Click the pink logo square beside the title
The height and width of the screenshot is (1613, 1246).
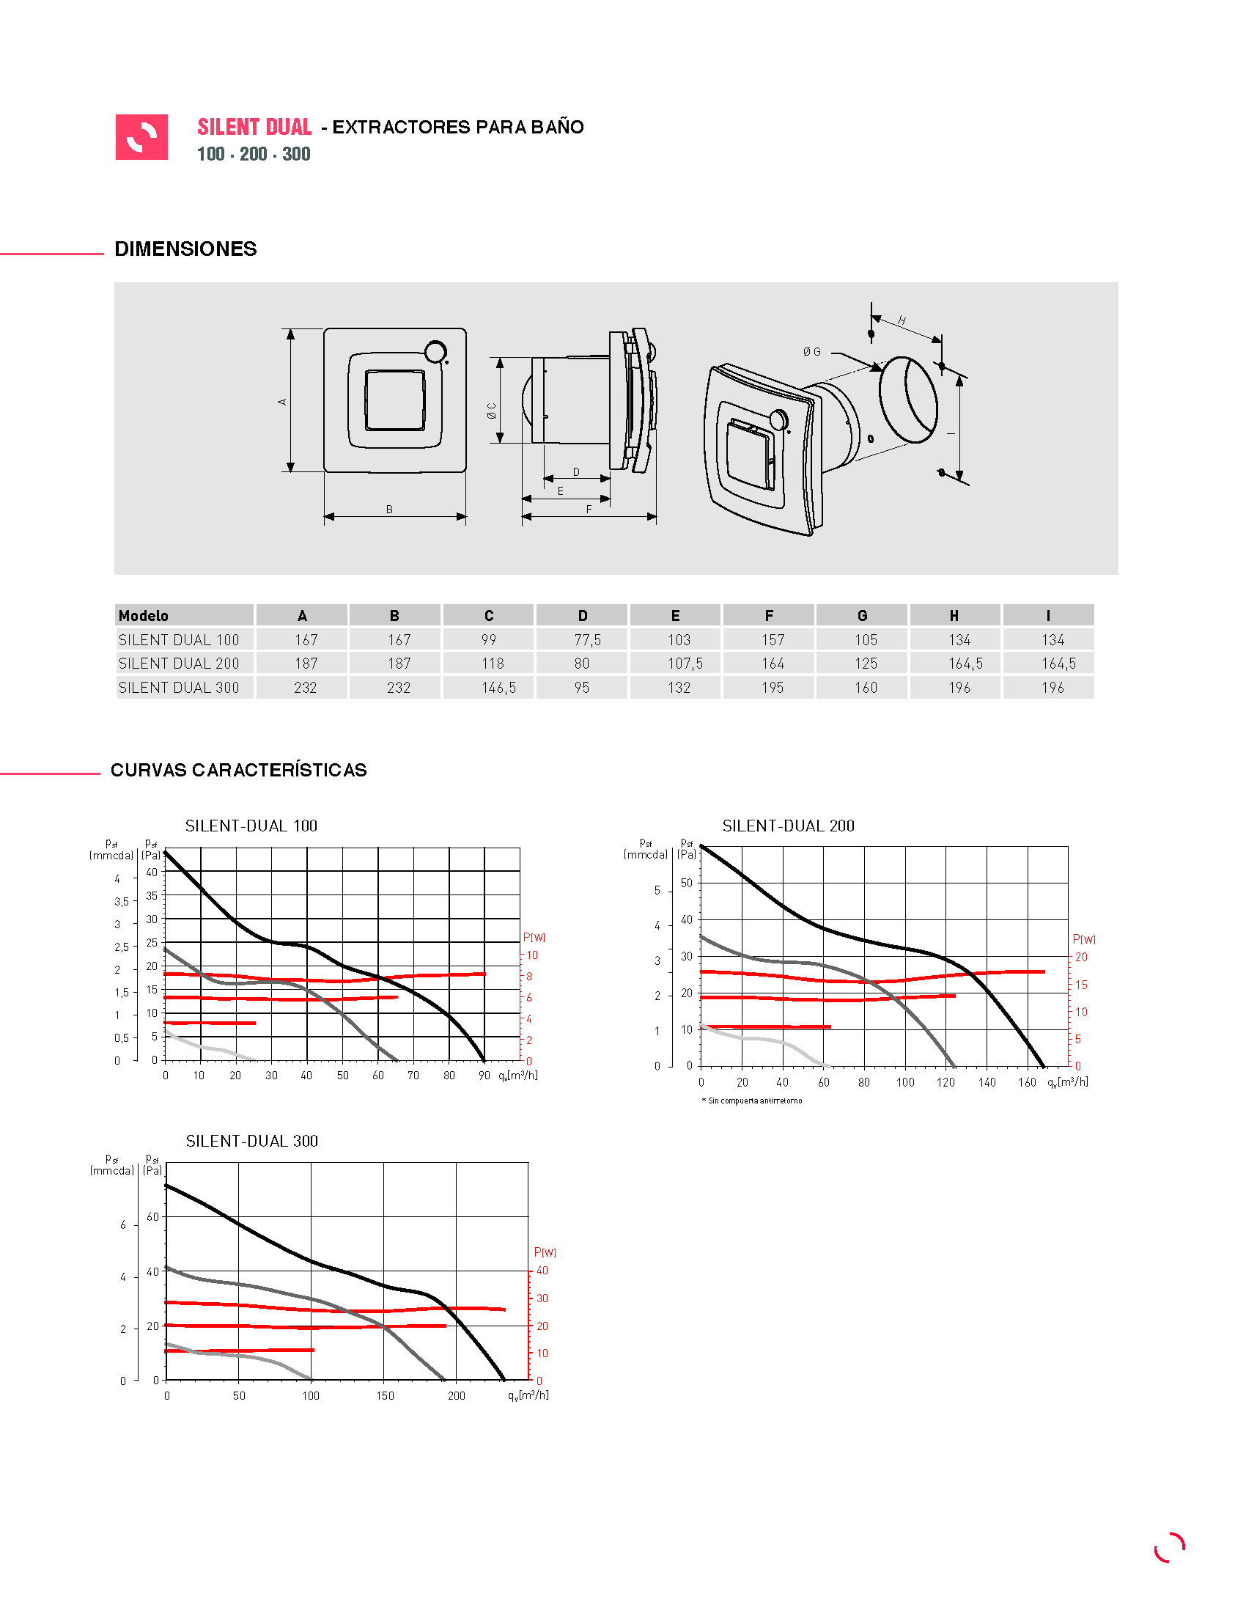point(141,136)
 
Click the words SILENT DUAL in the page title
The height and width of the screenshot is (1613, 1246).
point(254,127)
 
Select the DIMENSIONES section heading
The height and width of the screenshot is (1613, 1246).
point(186,249)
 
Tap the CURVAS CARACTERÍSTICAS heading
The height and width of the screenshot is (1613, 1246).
point(238,770)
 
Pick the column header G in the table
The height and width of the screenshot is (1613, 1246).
point(862,615)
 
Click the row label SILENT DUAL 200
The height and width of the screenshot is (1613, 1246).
point(180,664)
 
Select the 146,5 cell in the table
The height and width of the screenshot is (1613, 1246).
point(499,688)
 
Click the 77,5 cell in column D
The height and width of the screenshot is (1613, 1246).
point(588,639)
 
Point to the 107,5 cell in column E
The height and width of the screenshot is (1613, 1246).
point(685,664)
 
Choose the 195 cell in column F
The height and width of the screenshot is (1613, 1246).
point(773,688)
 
